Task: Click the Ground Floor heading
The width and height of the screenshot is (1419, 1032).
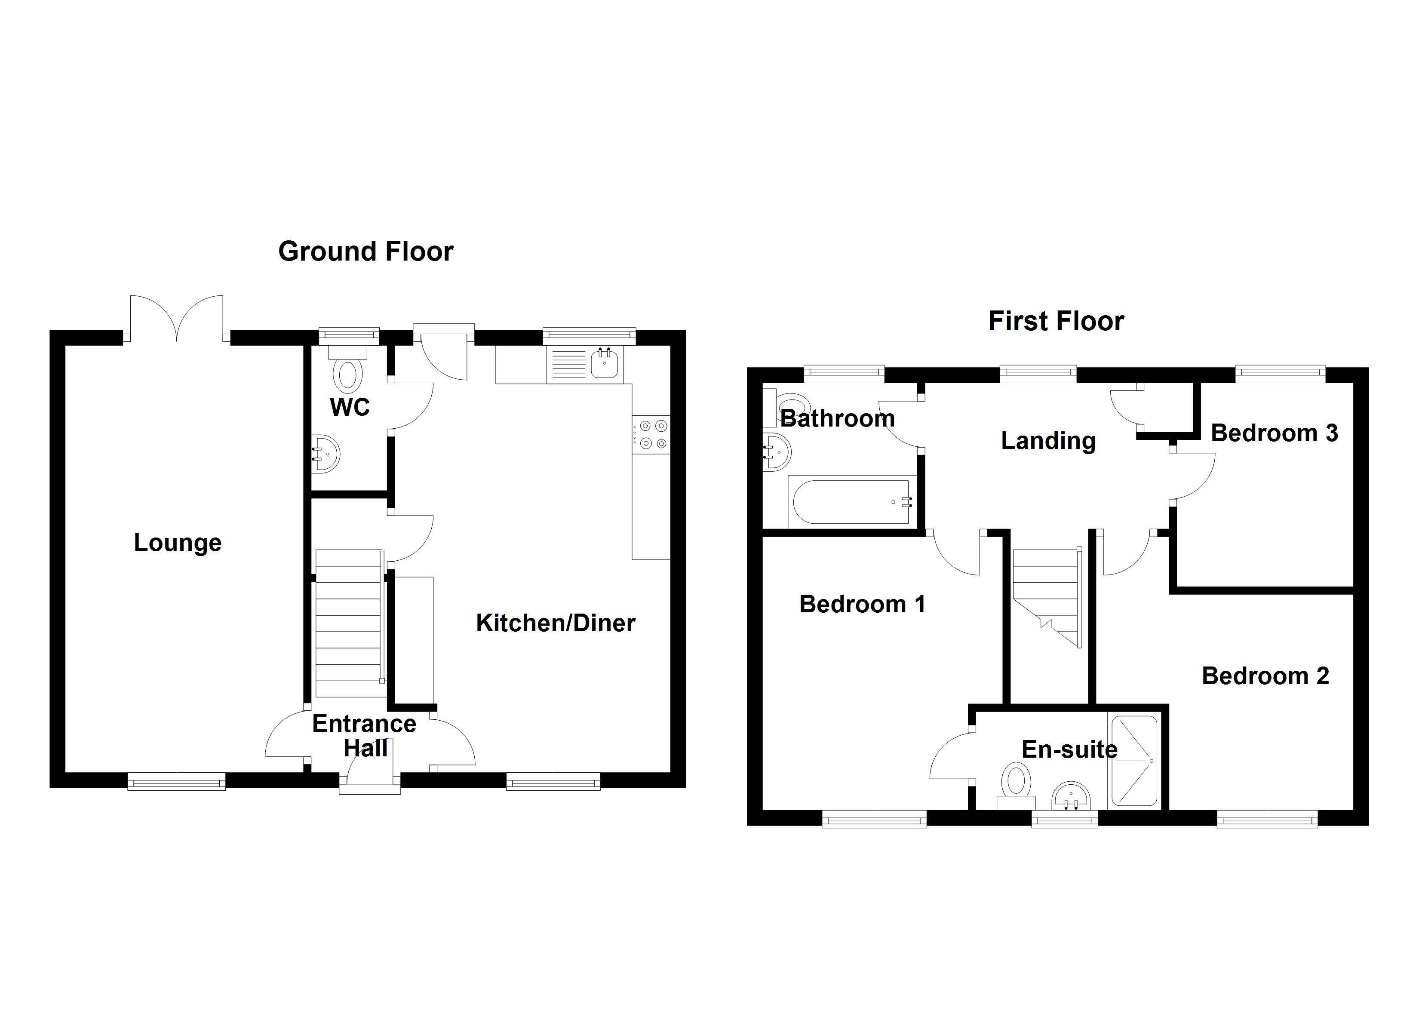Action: tap(365, 252)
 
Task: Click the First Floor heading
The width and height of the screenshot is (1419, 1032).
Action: tap(1056, 321)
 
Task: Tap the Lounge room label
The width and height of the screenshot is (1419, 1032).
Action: tap(178, 543)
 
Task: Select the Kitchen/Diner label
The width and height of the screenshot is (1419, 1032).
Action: tap(556, 623)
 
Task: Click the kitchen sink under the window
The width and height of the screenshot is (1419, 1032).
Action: tap(605, 363)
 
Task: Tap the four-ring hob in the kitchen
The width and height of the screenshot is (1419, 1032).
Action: tap(651, 435)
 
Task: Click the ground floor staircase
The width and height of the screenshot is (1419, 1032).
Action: tap(348, 623)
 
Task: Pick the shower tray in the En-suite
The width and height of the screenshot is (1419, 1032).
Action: tap(1134, 760)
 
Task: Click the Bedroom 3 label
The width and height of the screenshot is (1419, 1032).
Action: tap(1274, 433)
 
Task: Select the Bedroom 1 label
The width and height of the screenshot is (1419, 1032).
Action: tap(862, 604)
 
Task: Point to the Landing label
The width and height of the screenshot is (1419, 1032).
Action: tap(1048, 441)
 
